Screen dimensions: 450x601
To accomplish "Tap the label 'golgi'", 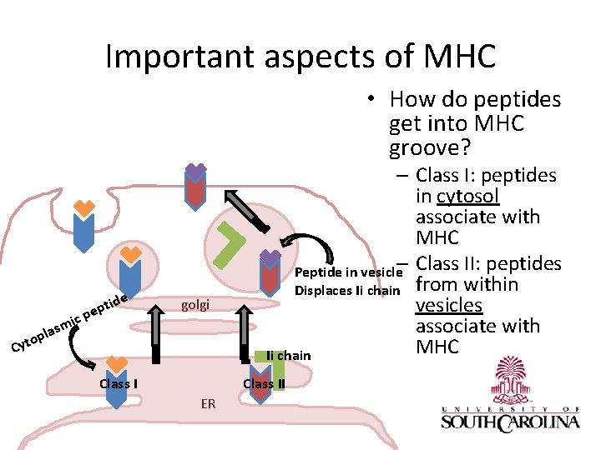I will coord(195,305).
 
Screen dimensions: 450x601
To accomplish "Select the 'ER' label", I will coord(208,404).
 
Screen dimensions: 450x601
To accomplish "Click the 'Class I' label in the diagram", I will coord(119,384).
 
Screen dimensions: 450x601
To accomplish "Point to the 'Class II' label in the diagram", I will coord(264,384).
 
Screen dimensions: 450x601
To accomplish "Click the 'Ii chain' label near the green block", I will coord(288,356).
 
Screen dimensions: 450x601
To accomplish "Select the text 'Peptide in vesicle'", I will coord(349,272).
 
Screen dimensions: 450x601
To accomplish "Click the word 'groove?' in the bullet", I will coord(430,149).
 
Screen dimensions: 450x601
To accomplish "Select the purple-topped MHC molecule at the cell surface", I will coord(195,187).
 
